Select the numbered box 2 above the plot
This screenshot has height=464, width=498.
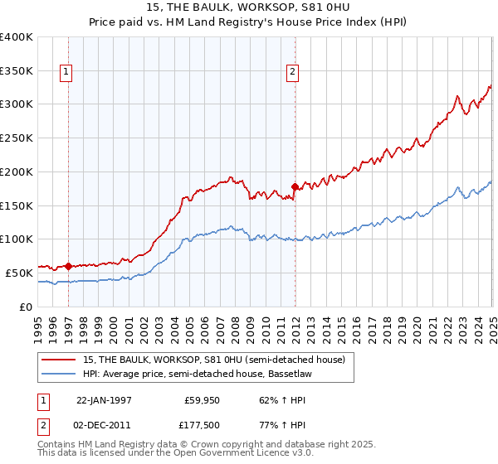coord(293,72)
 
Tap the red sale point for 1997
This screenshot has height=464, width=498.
coord(68,266)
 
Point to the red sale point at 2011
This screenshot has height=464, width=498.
coord(295,186)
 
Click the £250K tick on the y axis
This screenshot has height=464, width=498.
coord(17,138)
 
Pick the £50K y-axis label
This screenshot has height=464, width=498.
coord(19,272)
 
